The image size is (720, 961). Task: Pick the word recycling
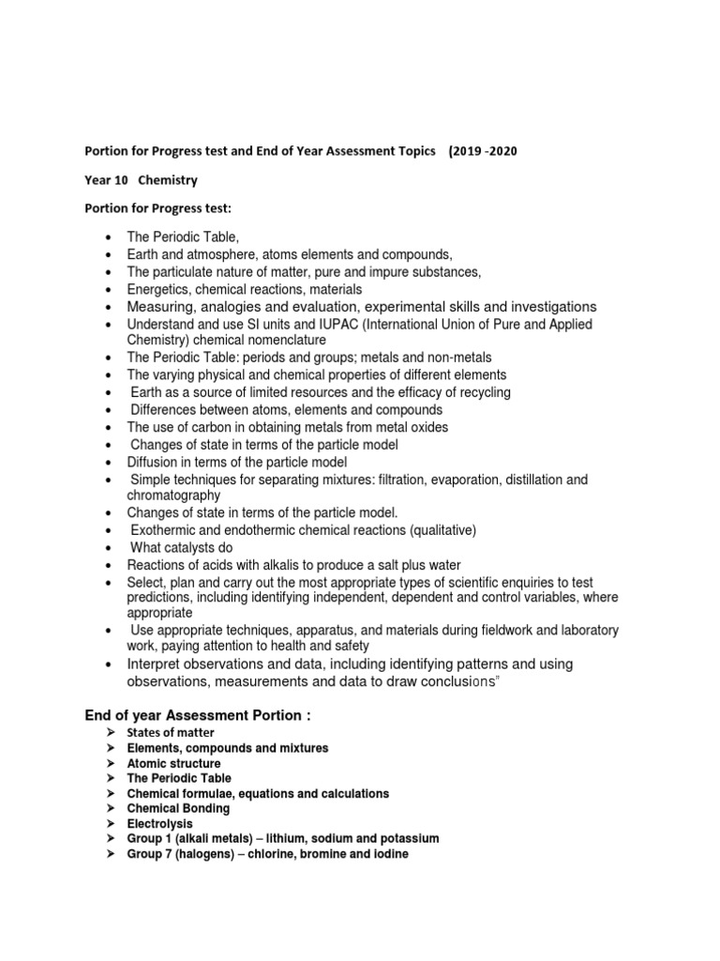click(x=480, y=392)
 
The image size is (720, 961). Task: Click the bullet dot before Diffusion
click(x=109, y=463)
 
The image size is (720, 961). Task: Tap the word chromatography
click(x=173, y=495)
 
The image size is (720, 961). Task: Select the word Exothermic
click(x=164, y=530)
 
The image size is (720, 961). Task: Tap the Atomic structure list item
click(x=173, y=764)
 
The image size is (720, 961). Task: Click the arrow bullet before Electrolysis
click(x=110, y=824)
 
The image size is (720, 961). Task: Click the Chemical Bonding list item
click(x=178, y=809)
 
